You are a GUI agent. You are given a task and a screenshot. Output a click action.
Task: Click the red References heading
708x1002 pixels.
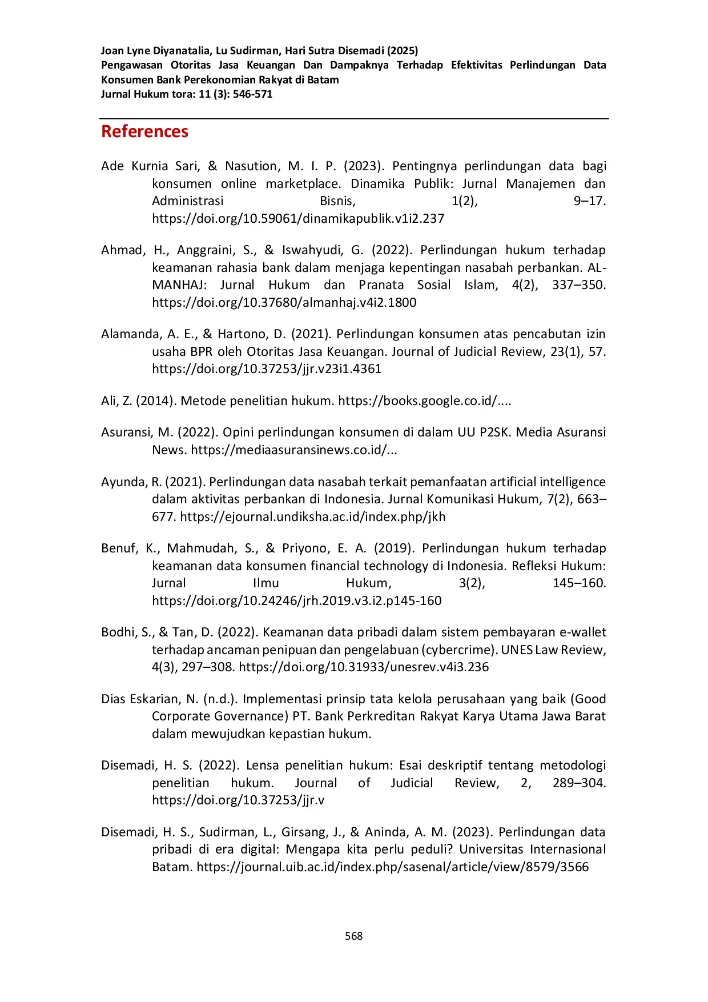click(x=144, y=131)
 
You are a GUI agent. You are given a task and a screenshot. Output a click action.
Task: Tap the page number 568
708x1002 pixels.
click(x=354, y=936)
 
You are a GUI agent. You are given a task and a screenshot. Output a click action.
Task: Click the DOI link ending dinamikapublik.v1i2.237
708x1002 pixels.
click(x=297, y=218)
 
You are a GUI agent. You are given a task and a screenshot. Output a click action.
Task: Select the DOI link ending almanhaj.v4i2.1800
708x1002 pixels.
click(x=284, y=302)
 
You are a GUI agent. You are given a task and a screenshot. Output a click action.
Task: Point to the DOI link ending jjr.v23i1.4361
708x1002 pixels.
click(x=266, y=368)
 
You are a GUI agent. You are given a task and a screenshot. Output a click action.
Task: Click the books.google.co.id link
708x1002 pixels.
click(x=424, y=400)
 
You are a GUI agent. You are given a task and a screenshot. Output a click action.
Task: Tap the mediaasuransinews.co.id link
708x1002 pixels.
click(x=293, y=450)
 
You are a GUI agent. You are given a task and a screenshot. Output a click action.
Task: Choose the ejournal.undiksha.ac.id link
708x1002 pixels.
click(x=312, y=516)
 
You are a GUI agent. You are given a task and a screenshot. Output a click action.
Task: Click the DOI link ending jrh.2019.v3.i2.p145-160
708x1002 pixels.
click(x=296, y=600)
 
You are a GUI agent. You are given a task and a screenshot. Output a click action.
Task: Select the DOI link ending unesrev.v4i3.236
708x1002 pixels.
click(x=363, y=667)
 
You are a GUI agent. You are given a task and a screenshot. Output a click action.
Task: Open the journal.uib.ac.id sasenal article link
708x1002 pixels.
click(x=392, y=867)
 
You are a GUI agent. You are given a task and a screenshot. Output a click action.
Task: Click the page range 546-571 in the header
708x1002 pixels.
click(x=252, y=94)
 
